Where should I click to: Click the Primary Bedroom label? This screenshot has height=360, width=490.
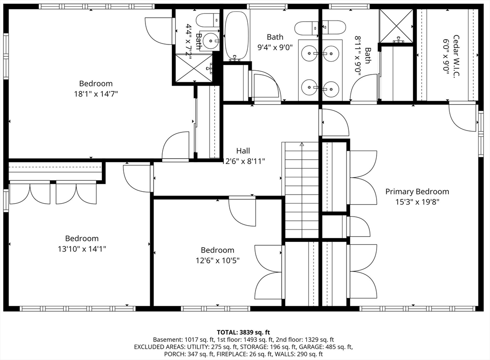(417, 192)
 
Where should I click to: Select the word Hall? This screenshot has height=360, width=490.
(243, 151)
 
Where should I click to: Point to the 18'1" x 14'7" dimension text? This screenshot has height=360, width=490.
(96, 94)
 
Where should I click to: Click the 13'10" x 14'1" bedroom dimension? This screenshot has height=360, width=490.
(82, 249)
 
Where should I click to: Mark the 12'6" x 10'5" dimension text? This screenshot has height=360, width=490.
(217, 261)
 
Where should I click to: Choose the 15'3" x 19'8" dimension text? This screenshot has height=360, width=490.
(417, 202)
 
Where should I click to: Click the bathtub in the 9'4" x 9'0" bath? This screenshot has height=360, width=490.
(236, 36)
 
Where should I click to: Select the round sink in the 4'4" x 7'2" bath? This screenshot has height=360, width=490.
(209, 42)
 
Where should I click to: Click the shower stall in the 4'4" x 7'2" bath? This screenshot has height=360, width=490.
(193, 68)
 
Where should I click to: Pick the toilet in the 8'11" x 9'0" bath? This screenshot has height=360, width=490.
(334, 27)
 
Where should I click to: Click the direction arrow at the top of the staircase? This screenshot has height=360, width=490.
(301, 143)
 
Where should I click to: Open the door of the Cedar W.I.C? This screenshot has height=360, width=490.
(462, 117)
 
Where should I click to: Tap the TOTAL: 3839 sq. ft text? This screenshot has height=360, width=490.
(244, 332)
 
